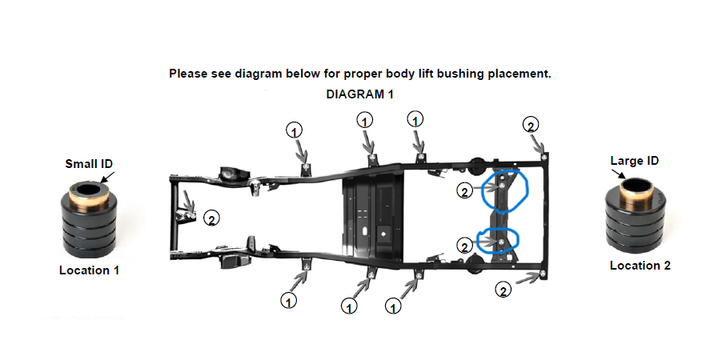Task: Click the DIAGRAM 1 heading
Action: coord(360,94)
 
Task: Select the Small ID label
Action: coord(88,164)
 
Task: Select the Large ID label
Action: coord(634,161)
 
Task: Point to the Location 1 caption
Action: coord(89,270)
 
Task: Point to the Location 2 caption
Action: coord(640,265)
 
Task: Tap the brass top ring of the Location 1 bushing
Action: coord(87,192)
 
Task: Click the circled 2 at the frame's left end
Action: coord(211,218)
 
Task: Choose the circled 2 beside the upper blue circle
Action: coord(465,190)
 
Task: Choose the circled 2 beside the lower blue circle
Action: coord(465,245)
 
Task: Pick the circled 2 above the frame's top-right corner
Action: coord(530,125)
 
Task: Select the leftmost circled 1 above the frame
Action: coord(295,130)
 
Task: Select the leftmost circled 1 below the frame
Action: coord(288,300)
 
